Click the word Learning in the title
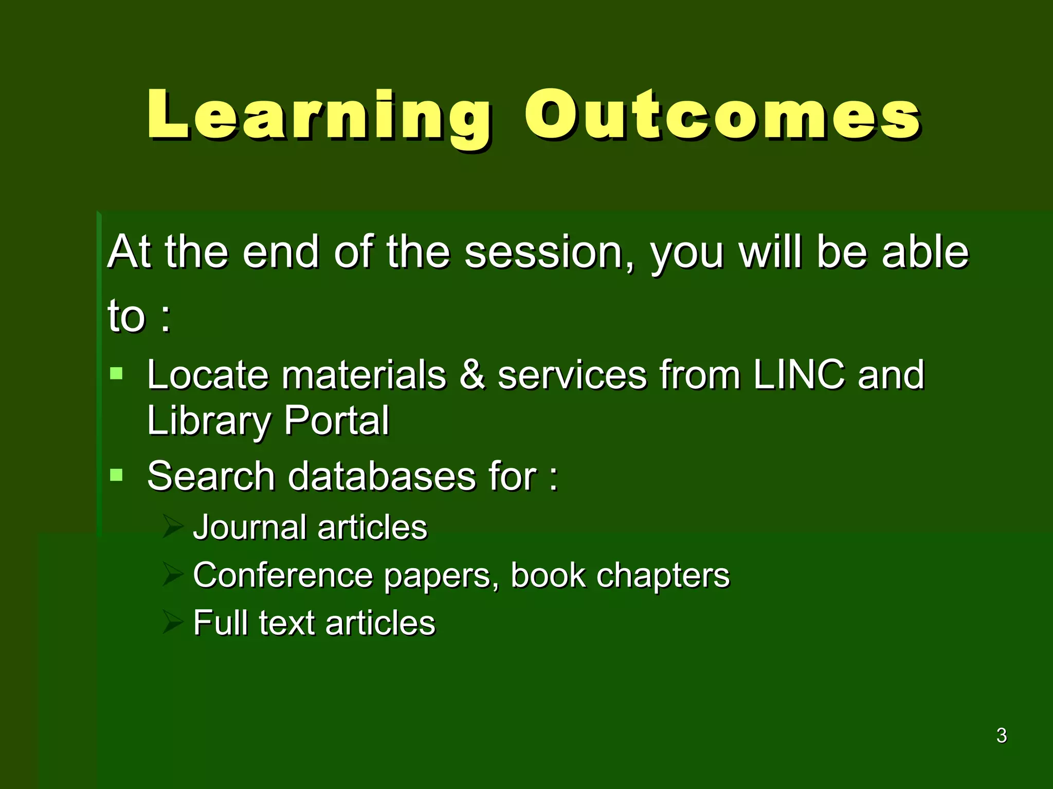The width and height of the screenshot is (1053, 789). [319, 116]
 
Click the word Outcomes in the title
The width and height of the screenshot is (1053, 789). [722, 116]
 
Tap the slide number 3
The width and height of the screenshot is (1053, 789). [1001, 736]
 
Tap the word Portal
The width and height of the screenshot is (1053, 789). [336, 420]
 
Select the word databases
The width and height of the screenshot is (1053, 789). [382, 476]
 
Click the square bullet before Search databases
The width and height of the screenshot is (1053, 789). [117, 474]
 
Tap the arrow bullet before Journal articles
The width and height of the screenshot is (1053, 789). [173, 527]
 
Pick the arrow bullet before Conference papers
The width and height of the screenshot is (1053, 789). [173, 574]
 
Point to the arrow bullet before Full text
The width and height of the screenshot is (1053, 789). [173, 622]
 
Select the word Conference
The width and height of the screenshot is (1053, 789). [283, 575]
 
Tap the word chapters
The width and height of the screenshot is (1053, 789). [662, 576]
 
